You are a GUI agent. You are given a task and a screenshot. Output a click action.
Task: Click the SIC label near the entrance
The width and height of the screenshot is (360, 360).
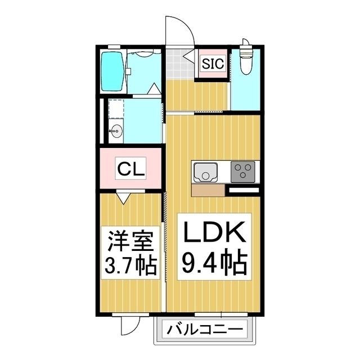click(x=213, y=64)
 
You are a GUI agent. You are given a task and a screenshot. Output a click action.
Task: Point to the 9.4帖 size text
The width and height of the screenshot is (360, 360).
click(x=213, y=260)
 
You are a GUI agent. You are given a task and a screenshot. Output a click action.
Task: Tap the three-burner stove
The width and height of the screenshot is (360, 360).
click(x=244, y=170)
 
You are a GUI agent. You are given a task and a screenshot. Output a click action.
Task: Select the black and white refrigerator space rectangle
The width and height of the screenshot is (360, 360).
click(x=242, y=191)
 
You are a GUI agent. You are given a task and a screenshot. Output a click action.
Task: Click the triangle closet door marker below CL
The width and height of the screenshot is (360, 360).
click(x=124, y=197)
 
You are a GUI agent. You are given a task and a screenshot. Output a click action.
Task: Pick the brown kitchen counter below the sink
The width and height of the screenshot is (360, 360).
click(x=208, y=191)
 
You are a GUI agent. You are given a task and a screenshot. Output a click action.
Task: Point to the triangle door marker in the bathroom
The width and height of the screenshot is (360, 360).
click(x=153, y=89)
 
